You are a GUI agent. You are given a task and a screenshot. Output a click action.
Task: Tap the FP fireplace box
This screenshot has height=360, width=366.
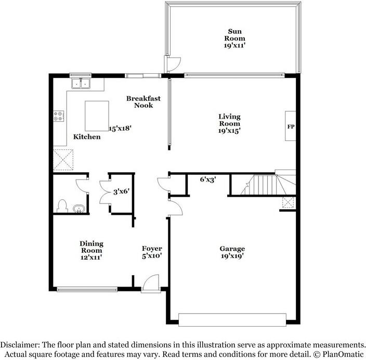[291, 126]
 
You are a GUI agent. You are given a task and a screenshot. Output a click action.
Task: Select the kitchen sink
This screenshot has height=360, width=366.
[81, 83]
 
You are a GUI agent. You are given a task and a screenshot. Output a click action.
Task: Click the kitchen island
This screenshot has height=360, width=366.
[97, 117]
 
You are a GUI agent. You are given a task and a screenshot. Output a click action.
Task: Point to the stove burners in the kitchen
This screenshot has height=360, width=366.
[59, 115]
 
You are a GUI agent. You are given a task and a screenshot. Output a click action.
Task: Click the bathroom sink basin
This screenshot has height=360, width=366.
[79, 209]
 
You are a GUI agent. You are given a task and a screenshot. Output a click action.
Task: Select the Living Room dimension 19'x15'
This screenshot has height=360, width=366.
[229, 131]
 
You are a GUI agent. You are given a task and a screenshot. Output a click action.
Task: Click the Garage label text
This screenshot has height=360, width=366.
[232, 249]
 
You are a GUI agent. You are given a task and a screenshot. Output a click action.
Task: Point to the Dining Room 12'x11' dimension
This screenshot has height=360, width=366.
[91, 258]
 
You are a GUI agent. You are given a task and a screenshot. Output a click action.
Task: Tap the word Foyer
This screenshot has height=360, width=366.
[152, 249]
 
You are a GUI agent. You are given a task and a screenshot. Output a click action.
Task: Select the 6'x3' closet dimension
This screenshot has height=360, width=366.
[208, 179]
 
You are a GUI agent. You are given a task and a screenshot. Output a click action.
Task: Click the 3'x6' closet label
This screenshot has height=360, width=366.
[121, 191]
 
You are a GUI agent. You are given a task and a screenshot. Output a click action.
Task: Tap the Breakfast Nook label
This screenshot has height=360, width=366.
[143, 101]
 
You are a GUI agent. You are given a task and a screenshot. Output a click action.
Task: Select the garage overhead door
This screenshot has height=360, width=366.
[232, 318]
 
